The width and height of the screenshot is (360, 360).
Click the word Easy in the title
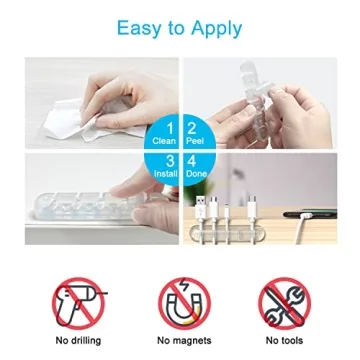pyautogui.click(x=140, y=27)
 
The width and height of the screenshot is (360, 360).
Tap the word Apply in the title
pyautogui.click(x=217, y=27)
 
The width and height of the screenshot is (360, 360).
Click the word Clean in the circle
pyautogui.click(x=168, y=142)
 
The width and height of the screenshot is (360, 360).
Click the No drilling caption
pyautogui.click(x=78, y=341)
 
